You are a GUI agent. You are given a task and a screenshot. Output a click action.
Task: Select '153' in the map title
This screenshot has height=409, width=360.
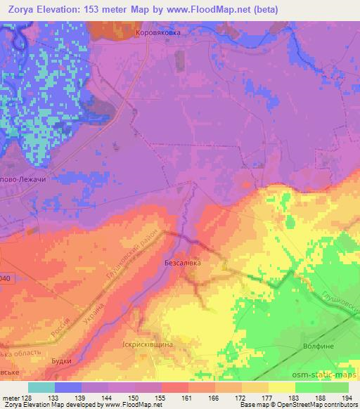point(94,10)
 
